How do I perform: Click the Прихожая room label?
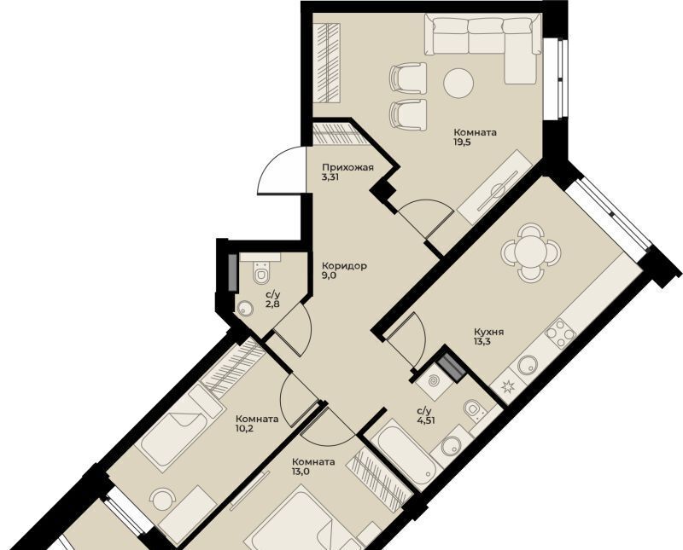(x=347, y=167)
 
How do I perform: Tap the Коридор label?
(x=344, y=265)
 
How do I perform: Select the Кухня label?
(x=488, y=332)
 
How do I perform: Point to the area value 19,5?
(x=463, y=142)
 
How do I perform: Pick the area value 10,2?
(x=245, y=429)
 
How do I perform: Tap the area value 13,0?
(x=301, y=472)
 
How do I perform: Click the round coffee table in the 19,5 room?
(x=458, y=83)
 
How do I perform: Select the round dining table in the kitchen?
(x=528, y=251)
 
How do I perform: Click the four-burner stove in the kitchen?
(x=561, y=333)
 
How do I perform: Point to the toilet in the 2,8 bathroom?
(x=261, y=273)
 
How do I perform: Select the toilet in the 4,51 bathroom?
(x=473, y=408)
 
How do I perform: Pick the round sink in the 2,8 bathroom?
(x=246, y=309)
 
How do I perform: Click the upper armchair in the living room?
(x=408, y=78)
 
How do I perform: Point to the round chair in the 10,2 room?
(x=162, y=500)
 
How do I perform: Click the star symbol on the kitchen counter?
(x=507, y=385)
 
